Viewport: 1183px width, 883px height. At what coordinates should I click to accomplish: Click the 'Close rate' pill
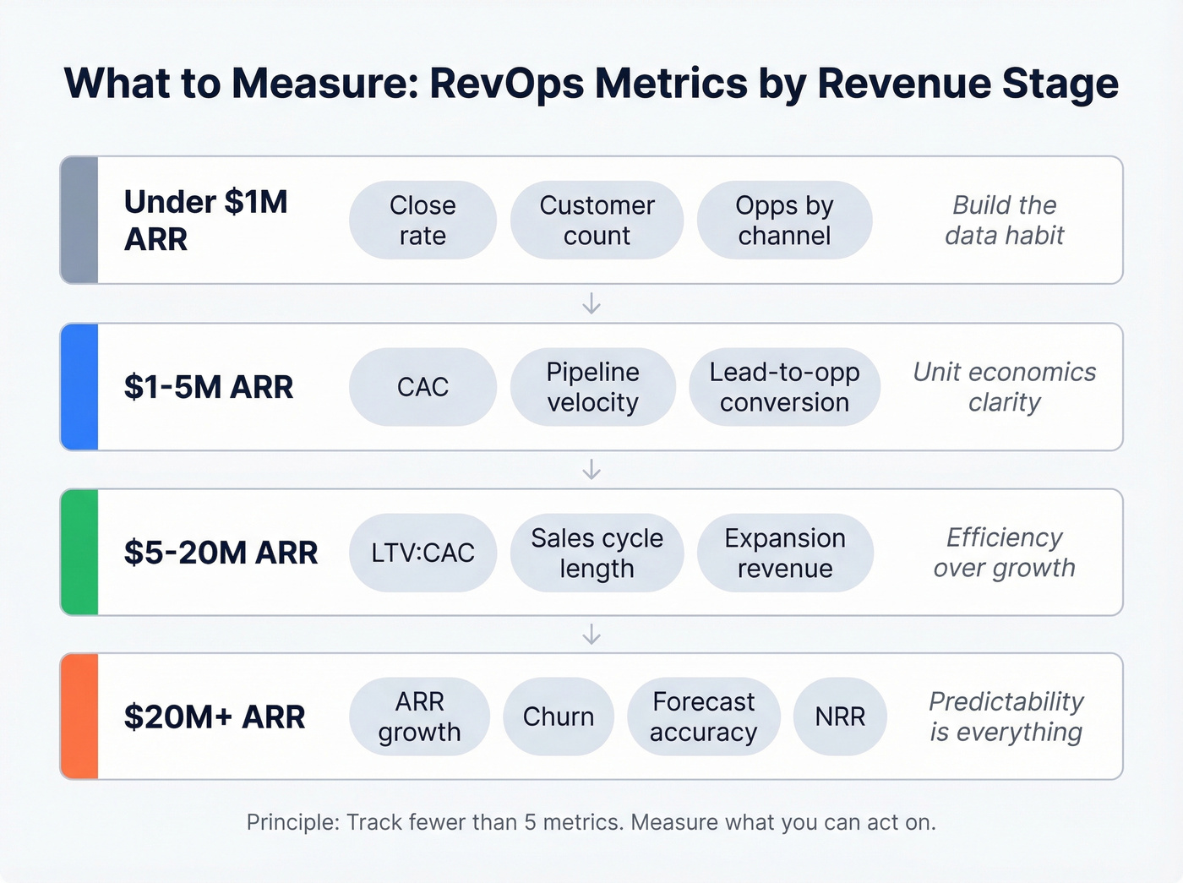coord(422,221)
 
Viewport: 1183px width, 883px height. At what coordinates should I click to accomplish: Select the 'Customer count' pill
coord(597,221)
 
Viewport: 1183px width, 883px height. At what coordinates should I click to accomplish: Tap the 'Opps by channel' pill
coord(784,221)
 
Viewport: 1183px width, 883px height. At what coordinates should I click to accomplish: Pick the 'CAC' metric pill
coord(422,387)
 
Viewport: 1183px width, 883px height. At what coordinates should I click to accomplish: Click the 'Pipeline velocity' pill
coord(592,387)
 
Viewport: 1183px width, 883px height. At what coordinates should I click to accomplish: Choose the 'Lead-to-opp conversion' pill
coord(784,387)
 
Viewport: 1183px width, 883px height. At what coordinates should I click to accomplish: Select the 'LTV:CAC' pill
coord(422,553)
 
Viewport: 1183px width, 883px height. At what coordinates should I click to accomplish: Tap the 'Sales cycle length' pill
coord(597,553)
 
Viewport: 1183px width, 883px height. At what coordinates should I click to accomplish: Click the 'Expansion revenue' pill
coord(784,553)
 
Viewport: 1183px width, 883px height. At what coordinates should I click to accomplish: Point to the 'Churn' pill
coord(558,717)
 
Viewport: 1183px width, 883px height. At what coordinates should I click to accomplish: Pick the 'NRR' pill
coord(840,717)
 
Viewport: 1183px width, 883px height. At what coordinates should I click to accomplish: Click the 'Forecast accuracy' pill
coord(703,717)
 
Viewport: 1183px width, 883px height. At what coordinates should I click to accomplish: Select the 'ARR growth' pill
coord(419,717)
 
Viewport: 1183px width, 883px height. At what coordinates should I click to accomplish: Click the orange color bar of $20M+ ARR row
coord(80,717)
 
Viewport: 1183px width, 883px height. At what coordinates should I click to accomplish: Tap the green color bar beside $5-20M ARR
coord(80,553)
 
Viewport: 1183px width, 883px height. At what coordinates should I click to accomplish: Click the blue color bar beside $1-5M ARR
coord(80,387)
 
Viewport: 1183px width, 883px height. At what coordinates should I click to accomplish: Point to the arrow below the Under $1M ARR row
coord(591,303)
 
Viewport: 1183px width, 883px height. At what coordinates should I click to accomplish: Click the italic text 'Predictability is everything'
coord(1005,717)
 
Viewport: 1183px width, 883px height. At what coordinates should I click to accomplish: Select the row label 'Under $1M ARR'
coord(205,221)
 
